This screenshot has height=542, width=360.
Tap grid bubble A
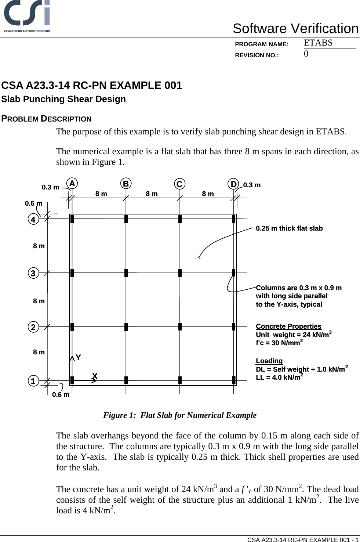(x=72, y=183)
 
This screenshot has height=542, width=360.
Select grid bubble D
(x=233, y=184)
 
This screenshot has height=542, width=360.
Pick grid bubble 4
(x=33, y=220)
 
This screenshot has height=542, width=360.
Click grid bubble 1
(x=33, y=381)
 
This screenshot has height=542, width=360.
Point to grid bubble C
(x=179, y=184)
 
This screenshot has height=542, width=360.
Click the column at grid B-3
(x=126, y=273)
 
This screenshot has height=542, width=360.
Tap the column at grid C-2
(x=180, y=326)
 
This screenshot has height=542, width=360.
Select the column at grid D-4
(x=233, y=219)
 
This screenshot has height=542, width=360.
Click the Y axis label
(x=78, y=357)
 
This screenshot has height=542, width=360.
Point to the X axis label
(x=95, y=376)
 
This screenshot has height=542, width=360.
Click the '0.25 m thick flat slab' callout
(x=289, y=228)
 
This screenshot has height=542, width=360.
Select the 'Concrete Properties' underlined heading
(x=288, y=326)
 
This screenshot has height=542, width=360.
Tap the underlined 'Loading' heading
(x=269, y=361)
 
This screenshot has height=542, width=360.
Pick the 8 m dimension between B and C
(x=152, y=194)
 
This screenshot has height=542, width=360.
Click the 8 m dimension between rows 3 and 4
(x=39, y=246)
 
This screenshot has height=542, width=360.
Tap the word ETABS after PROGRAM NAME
(x=318, y=43)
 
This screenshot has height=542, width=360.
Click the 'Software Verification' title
(x=295, y=29)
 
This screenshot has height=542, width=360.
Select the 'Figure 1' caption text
(x=180, y=415)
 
